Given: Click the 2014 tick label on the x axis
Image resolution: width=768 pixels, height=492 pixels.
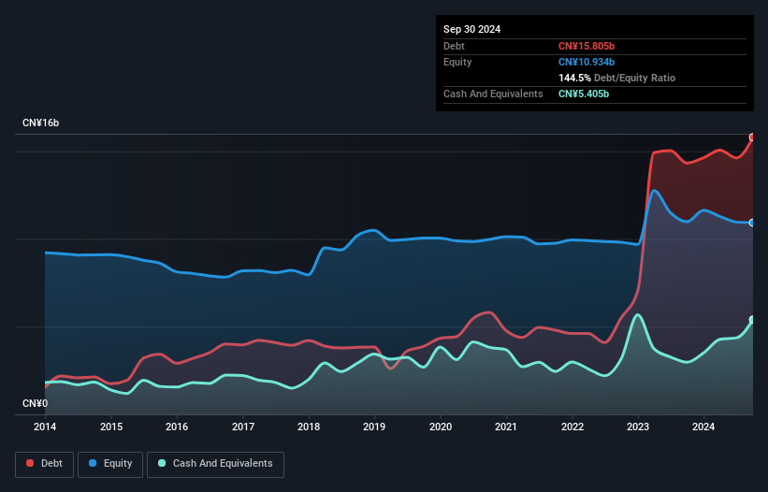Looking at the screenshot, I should point(45,427).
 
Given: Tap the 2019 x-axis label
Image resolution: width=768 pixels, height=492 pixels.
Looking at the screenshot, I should point(374,427).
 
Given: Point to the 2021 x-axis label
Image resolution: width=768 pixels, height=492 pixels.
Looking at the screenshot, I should point(506,427).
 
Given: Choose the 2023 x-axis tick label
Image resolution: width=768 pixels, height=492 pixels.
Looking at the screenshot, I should point(638,427).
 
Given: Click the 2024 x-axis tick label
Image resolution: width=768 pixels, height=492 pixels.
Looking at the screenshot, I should point(703,427).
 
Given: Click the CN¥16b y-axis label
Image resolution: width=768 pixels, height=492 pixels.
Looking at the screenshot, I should point(41,123).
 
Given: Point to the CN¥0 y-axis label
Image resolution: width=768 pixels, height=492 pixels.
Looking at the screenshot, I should point(35,404).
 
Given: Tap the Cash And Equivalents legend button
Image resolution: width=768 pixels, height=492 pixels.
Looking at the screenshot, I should point(215,463).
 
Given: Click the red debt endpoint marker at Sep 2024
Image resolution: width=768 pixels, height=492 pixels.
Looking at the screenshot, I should point(752,137).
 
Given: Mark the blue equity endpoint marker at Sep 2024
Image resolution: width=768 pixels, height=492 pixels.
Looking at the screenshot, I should point(752,223).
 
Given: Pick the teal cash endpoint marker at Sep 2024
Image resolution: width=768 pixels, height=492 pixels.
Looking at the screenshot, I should point(752,320).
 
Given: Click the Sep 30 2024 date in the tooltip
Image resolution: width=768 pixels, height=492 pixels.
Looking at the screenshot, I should point(471,29).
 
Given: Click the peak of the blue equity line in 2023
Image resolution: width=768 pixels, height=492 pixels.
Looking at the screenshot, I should point(655,191).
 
